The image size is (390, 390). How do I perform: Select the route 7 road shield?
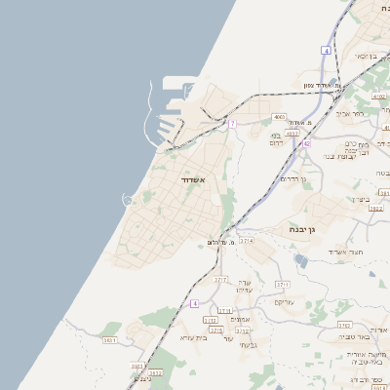click(232, 124)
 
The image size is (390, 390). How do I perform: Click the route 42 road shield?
click(306, 143)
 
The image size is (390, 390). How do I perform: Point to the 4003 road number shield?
click(280, 116)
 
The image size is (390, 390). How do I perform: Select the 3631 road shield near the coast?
click(109, 339)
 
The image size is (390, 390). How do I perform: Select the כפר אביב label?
click(351, 114)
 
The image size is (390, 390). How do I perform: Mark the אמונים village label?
click(243, 319)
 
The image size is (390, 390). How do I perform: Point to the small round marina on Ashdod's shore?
click(127, 200)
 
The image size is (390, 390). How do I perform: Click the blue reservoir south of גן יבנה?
click(300, 259)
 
